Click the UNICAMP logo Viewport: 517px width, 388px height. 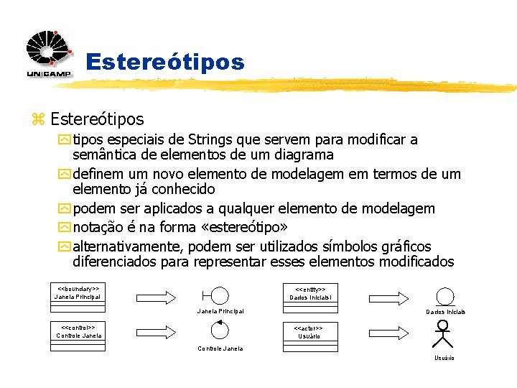[x=49, y=54]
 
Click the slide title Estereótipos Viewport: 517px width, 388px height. [x=164, y=62]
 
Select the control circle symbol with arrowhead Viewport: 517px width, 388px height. [x=219, y=331]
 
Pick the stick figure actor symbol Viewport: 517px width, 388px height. [x=444, y=336]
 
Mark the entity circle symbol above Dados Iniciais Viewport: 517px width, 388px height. [x=445, y=296]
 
